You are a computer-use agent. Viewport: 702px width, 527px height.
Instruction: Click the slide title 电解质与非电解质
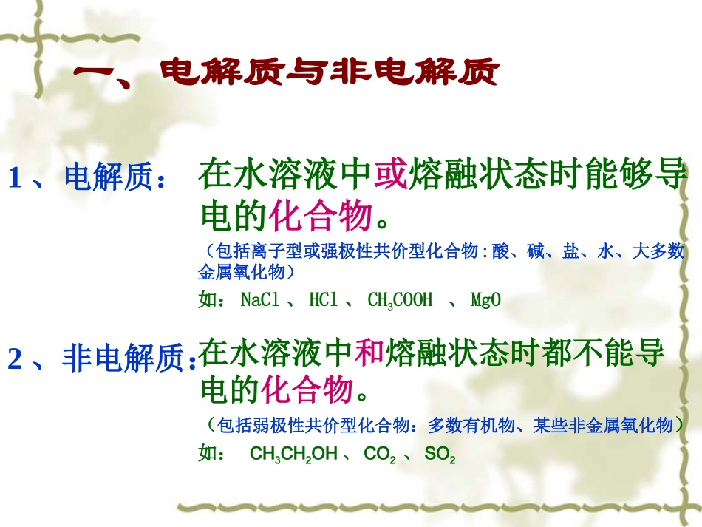(x=288, y=74)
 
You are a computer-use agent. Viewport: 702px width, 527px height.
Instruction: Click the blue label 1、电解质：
(x=86, y=178)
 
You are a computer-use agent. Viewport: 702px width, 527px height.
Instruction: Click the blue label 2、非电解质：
(x=102, y=359)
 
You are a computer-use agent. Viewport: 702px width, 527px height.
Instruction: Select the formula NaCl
(x=261, y=300)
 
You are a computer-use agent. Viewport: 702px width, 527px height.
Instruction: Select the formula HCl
(x=323, y=300)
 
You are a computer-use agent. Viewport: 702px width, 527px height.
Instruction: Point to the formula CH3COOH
(x=399, y=301)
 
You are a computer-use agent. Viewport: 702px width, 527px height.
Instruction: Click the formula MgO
(x=485, y=300)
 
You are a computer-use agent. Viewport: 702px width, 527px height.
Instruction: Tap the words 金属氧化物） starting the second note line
(x=247, y=273)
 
